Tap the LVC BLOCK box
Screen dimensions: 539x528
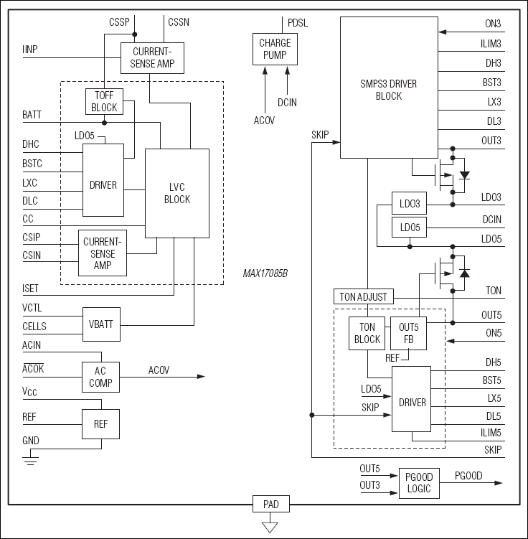(177, 194)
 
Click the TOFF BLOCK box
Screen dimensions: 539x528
(104, 101)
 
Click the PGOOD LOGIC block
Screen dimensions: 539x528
(418, 483)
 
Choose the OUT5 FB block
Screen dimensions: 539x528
(408, 333)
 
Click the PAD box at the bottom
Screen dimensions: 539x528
(270, 505)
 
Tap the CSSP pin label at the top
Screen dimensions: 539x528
(119, 22)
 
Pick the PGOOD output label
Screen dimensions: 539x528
(469, 475)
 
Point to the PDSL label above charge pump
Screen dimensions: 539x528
(297, 22)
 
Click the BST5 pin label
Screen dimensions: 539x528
(492, 380)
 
